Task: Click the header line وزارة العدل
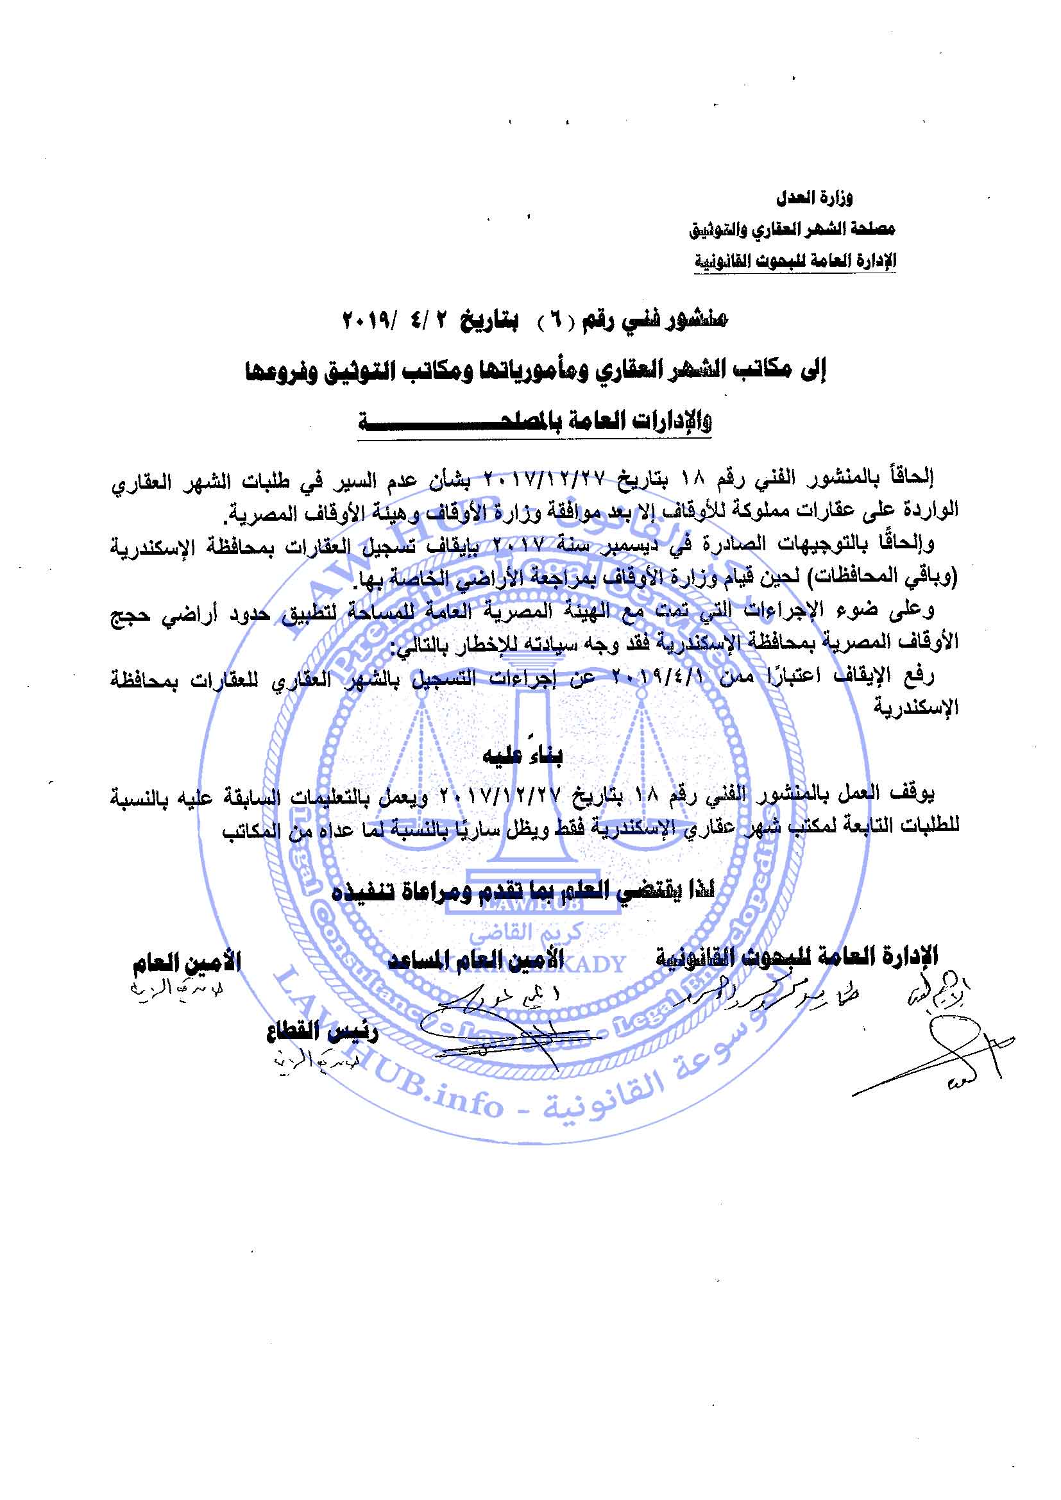point(814,198)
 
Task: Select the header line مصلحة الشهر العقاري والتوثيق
point(792,230)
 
